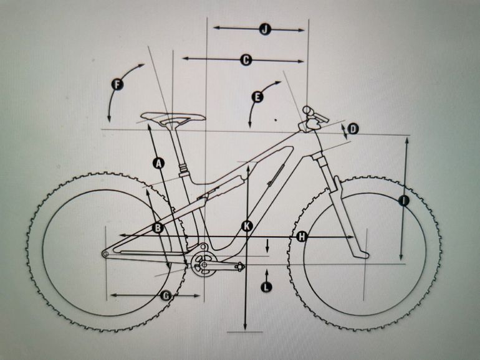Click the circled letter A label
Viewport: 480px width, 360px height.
[x=158, y=163]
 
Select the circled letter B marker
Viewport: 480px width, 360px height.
[x=158, y=229]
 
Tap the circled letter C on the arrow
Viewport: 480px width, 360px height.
[x=245, y=60]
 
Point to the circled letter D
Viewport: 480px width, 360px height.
[x=353, y=129]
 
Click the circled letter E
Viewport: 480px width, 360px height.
[x=257, y=97]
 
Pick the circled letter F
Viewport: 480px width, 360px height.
[x=117, y=83]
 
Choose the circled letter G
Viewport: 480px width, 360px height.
[x=166, y=296]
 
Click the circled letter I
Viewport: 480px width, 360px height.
[x=403, y=201]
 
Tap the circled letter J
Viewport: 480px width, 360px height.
[x=264, y=29]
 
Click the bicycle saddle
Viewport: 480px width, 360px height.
[x=173, y=117]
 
